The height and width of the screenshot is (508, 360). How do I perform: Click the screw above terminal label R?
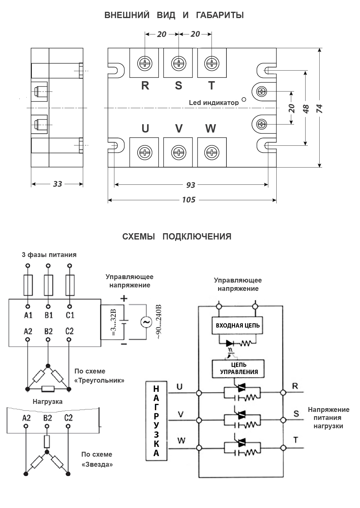point(145,63)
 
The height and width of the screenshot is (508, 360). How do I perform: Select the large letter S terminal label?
point(178,85)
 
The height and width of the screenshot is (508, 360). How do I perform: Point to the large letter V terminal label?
point(179,129)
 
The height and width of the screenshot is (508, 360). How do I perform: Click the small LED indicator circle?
point(244,99)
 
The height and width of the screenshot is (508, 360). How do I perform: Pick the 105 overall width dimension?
point(189,200)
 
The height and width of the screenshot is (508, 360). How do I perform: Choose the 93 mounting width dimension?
point(191,185)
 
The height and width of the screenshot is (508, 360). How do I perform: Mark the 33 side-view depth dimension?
point(57,184)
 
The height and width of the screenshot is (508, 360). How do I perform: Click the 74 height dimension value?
point(319,108)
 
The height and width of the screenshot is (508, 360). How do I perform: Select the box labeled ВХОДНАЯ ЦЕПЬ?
point(238,326)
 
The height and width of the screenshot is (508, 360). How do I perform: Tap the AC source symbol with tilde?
point(146,322)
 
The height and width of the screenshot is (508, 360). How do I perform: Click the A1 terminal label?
point(28,315)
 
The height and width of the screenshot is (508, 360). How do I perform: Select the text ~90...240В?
point(159,322)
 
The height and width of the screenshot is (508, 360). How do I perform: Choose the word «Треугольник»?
point(99,381)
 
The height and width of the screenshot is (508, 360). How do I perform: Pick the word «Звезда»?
point(97,464)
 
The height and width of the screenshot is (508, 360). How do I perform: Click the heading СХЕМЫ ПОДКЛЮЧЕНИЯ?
point(177,237)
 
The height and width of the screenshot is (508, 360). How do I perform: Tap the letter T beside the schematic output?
point(296,440)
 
